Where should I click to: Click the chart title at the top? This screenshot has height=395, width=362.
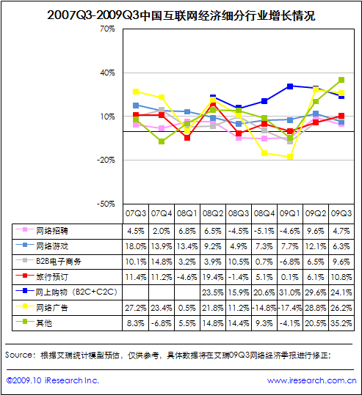pyautogui.click(x=181, y=15)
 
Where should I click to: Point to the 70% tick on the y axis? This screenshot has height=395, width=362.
pyautogui.click(x=107, y=29)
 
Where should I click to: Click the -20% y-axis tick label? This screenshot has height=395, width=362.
pyautogui.click(x=106, y=160)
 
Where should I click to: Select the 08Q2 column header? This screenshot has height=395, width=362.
pyautogui.click(x=213, y=214)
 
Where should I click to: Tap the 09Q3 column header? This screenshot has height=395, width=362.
pyautogui.click(x=341, y=214)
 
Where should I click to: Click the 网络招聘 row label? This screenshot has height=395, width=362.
pyautogui.click(x=52, y=231)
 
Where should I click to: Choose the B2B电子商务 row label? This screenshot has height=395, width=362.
pyautogui.click(x=59, y=262)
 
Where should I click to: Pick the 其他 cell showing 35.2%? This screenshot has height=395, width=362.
pyautogui.click(x=341, y=323)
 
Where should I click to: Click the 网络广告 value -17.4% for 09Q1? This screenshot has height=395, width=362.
pyautogui.click(x=290, y=308)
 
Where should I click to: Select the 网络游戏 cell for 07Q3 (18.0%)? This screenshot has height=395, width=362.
pyautogui.click(x=136, y=246)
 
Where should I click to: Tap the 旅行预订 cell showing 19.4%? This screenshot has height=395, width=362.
pyautogui.click(x=213, y=277)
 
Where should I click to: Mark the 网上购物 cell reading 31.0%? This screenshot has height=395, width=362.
pyautogui.click(x=290, y=292)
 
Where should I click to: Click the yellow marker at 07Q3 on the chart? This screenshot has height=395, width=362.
pyautogui.click(x=136, y=92)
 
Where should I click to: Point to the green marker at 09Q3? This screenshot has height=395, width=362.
pyautogui.click(x=341, y=80)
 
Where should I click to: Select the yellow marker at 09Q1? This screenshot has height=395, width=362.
pyautogui.click(x=290, y=157)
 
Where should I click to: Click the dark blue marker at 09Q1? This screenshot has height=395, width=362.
pyautogui.click(x=290, y=86)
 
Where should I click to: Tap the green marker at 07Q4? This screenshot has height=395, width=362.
pyautogui.click(x=162, y=141)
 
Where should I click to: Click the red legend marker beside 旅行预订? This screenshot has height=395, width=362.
pyautogui.click(x=25, y=276)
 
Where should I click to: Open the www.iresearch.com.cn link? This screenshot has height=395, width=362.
pyautogui.click(x=312, y=380)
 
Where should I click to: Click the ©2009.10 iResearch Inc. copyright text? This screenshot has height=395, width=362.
pyautogui.click(x=53, y=380)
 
